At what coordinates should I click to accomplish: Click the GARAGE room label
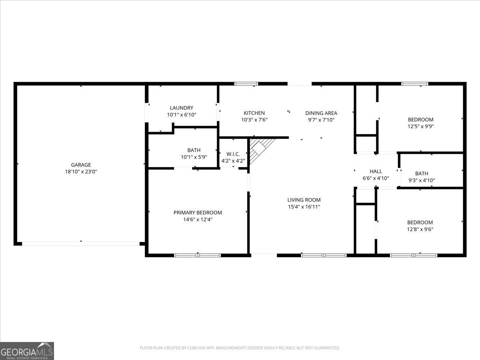click(81, 164)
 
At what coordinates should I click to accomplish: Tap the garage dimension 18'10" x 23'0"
click(81, 171)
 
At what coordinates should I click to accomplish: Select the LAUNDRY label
click(181, 108)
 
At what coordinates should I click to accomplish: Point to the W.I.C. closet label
click(233, 154)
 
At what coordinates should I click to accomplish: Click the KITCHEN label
click(254, 113)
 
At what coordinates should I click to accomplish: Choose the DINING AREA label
click(321, 113)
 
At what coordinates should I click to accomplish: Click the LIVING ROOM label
click(304, 200)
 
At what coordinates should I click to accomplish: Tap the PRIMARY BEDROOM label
click(198, 212)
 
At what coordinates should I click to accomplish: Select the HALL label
click(376, 171)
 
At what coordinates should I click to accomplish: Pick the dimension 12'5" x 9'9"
click(420, 126)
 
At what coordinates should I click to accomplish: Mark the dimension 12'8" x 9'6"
click(420, 229)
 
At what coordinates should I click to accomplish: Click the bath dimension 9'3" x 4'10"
click(422, 180)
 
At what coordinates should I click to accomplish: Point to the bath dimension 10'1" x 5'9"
click(194, 157)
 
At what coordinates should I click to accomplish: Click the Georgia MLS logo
click(27, 351)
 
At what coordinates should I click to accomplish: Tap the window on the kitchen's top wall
click(246, 84)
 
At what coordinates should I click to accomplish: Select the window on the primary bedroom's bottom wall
click(198, 255)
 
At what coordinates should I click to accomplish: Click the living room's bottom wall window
click(324, 255)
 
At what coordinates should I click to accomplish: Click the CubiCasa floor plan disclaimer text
click(240, 348)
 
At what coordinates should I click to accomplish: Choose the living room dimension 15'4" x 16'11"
click(304, 207)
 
